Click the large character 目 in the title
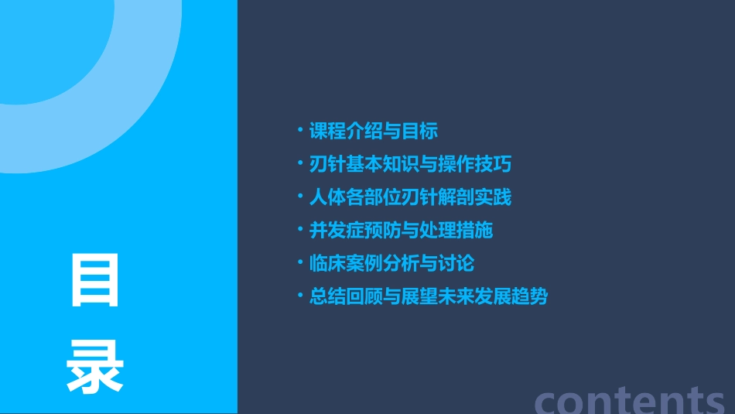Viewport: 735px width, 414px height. point(95,280)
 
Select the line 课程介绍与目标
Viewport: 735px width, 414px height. point(374,131)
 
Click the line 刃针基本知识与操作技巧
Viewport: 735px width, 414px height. point(410,164)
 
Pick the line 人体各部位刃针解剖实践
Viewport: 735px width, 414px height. point(410,197)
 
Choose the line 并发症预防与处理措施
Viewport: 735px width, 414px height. point(401,231)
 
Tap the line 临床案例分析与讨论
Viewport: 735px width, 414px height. point(391,264)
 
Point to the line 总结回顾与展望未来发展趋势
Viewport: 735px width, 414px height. point(428,297)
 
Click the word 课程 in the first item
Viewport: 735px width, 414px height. point(327,131)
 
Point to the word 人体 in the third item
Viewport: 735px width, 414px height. point(327,197)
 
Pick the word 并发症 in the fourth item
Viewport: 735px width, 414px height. point(337,231)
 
